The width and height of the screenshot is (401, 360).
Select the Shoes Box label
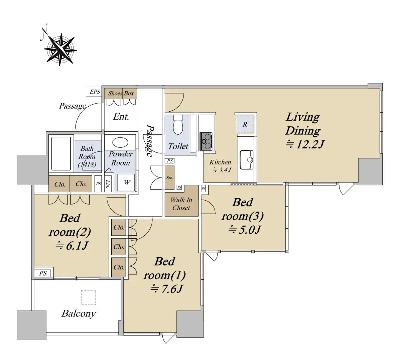(x=121, y=93)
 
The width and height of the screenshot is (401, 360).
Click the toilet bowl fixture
(x=178, y=125)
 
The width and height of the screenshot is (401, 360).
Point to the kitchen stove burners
(x=206, y=141)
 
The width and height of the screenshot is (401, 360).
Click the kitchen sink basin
(x=246, y=159)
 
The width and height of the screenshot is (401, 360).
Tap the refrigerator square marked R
(x=245, y=125)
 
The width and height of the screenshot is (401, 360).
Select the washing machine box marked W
(x=126, y=182)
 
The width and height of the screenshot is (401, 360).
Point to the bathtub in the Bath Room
(x=61, y=153)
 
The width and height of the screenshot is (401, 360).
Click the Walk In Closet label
(x=181, y=204)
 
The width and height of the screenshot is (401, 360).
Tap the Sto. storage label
(x=170, y=177)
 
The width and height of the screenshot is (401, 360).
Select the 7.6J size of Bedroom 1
(x=166, y=289)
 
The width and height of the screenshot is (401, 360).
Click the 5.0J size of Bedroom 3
(x=244, y=230)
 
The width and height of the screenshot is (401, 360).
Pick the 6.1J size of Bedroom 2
(x=72, y=246)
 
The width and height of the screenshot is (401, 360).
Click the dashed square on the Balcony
(x=88, y=297)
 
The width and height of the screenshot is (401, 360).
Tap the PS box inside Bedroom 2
(x=43, y=273)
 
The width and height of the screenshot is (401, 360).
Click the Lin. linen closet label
(x=108, y=184)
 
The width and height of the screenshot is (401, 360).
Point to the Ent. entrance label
(x=121, y=116)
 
